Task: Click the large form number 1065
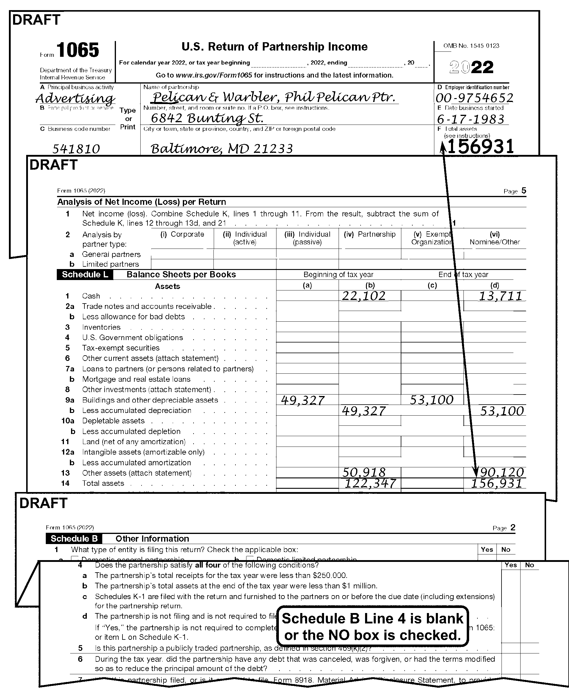[77, 50]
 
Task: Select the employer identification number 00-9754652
[474, 98]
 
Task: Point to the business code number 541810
[76, 149]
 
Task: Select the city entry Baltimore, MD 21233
[221, 149]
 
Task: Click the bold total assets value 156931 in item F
[480, 146]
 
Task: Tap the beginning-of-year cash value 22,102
[364, 296]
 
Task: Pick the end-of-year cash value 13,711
[500, 296]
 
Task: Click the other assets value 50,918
[364, 472]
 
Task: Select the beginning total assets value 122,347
[370, 483]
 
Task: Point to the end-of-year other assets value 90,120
[501, 472]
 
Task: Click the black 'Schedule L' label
[85, 274]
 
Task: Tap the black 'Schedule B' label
[74, 539]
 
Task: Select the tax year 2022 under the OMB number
[471, 67]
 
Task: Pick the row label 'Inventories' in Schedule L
[101, 327]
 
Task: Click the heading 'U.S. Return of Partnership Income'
[274, 47]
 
